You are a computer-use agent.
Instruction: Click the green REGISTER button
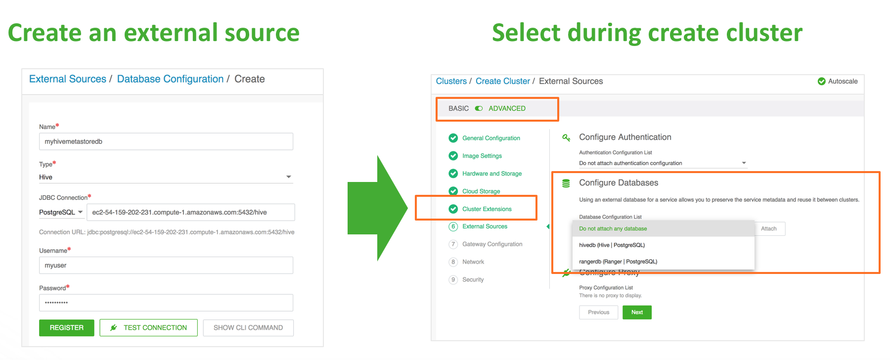67,327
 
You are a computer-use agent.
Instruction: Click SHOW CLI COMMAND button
248,327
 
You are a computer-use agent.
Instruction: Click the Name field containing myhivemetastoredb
166,141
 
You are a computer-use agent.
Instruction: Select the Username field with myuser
166,265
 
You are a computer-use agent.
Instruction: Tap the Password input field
166,303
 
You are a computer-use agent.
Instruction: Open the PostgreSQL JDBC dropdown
61,212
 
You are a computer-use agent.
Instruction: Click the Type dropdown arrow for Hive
289,177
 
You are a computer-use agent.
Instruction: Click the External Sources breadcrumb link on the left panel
68,79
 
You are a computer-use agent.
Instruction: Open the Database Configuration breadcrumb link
170,79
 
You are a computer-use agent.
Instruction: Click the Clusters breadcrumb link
451,81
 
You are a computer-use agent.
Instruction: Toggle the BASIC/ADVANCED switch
479,108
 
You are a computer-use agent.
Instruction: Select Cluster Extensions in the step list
487,209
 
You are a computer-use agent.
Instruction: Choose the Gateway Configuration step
492,244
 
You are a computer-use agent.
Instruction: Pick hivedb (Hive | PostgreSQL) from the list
612,245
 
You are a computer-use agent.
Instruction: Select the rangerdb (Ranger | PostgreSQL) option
618,262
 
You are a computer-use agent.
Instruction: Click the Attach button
769,228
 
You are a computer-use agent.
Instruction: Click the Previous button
599,313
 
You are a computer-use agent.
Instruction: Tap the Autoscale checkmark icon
822,81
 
